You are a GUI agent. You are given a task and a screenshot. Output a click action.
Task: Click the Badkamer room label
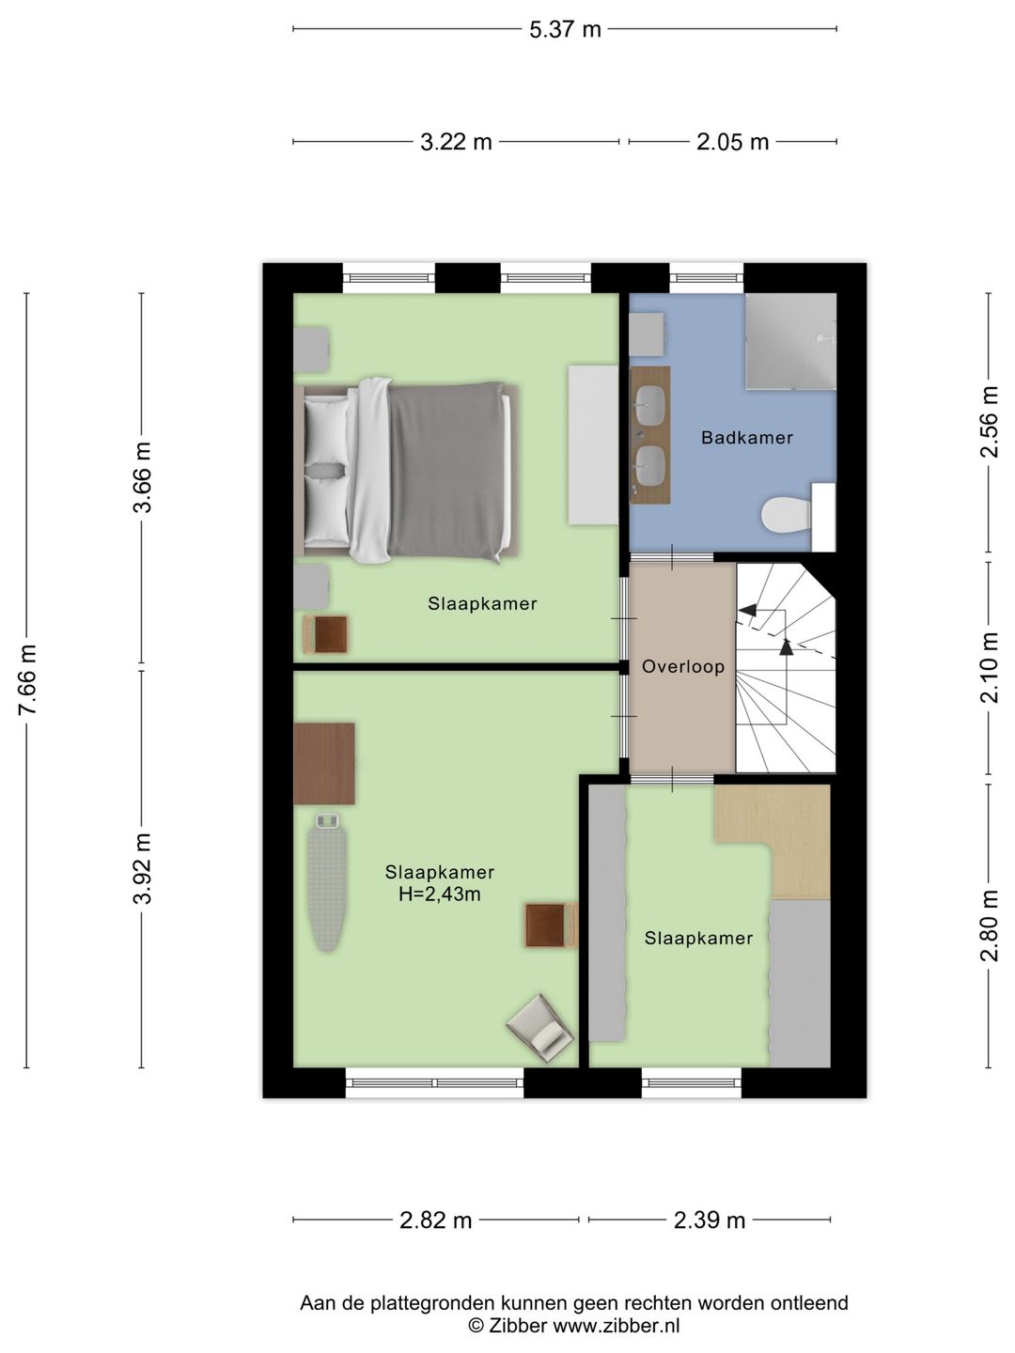click(x=746, y=438)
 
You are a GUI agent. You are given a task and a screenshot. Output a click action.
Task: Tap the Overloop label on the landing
click(x=683, y=667)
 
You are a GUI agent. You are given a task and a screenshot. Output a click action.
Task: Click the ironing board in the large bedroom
click(x=327, y=882)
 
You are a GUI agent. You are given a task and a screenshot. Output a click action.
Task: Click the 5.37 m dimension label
click(x=565, y=29)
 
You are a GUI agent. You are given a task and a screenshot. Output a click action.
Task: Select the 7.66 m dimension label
click(x=28, y=679)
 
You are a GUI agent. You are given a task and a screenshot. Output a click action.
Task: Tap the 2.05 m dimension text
click(x=733, y=143)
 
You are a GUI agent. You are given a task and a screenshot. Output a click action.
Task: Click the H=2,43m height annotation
click(x=440, y=894)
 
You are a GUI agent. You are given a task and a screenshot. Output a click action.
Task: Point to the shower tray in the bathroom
click(x=790, y=341)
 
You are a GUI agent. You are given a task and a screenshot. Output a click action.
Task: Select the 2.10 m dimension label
click(x=990, y=667)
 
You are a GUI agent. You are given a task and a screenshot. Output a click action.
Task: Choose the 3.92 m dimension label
click(x=142, y=868)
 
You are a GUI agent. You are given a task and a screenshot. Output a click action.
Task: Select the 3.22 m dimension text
click(x=456, y=143)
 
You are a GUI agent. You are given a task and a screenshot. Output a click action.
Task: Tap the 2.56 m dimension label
click(x=990, y=422)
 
